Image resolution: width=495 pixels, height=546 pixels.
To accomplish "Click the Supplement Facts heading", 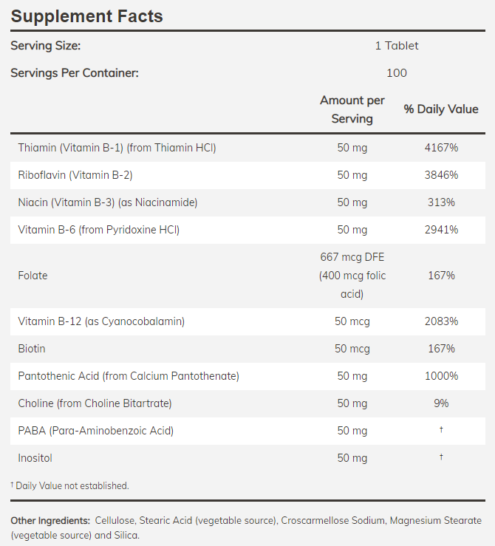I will click(86, 16).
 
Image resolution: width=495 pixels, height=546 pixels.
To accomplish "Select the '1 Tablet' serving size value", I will click(396, 46).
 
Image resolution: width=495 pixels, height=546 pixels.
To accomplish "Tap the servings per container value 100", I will click(396, 72).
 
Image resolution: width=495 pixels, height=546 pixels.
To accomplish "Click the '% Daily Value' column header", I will click(441, 109).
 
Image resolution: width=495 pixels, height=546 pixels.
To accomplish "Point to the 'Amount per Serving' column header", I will click(352, 109).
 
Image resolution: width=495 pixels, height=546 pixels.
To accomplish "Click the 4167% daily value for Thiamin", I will click(441, 148).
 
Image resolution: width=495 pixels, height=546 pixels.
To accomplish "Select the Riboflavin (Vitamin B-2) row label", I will click(75, 175).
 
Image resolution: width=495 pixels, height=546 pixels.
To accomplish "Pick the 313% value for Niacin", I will click(441, 202).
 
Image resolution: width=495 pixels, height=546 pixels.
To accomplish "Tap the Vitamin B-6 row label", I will click(99, 230).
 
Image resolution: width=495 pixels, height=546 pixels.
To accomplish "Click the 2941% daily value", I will click(441, 230).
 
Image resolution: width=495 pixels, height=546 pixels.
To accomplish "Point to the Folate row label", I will click(33, 276).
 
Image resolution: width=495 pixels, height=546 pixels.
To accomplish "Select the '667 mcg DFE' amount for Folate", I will click(352, 258).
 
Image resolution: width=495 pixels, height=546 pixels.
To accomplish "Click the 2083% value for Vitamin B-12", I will click(441, 321).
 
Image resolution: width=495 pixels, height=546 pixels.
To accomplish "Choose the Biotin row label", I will click(32, 349).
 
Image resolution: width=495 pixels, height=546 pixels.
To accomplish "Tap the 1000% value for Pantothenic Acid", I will click(441, 376).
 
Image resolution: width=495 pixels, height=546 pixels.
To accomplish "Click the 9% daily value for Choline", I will click(441, 403).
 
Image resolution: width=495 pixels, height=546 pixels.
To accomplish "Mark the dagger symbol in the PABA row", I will click(441, 430).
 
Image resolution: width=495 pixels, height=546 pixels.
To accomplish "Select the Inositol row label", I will click(35, 458).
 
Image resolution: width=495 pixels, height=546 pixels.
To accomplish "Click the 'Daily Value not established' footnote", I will click(71, 485).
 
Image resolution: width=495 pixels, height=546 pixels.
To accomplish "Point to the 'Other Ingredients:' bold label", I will click(50, 521).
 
